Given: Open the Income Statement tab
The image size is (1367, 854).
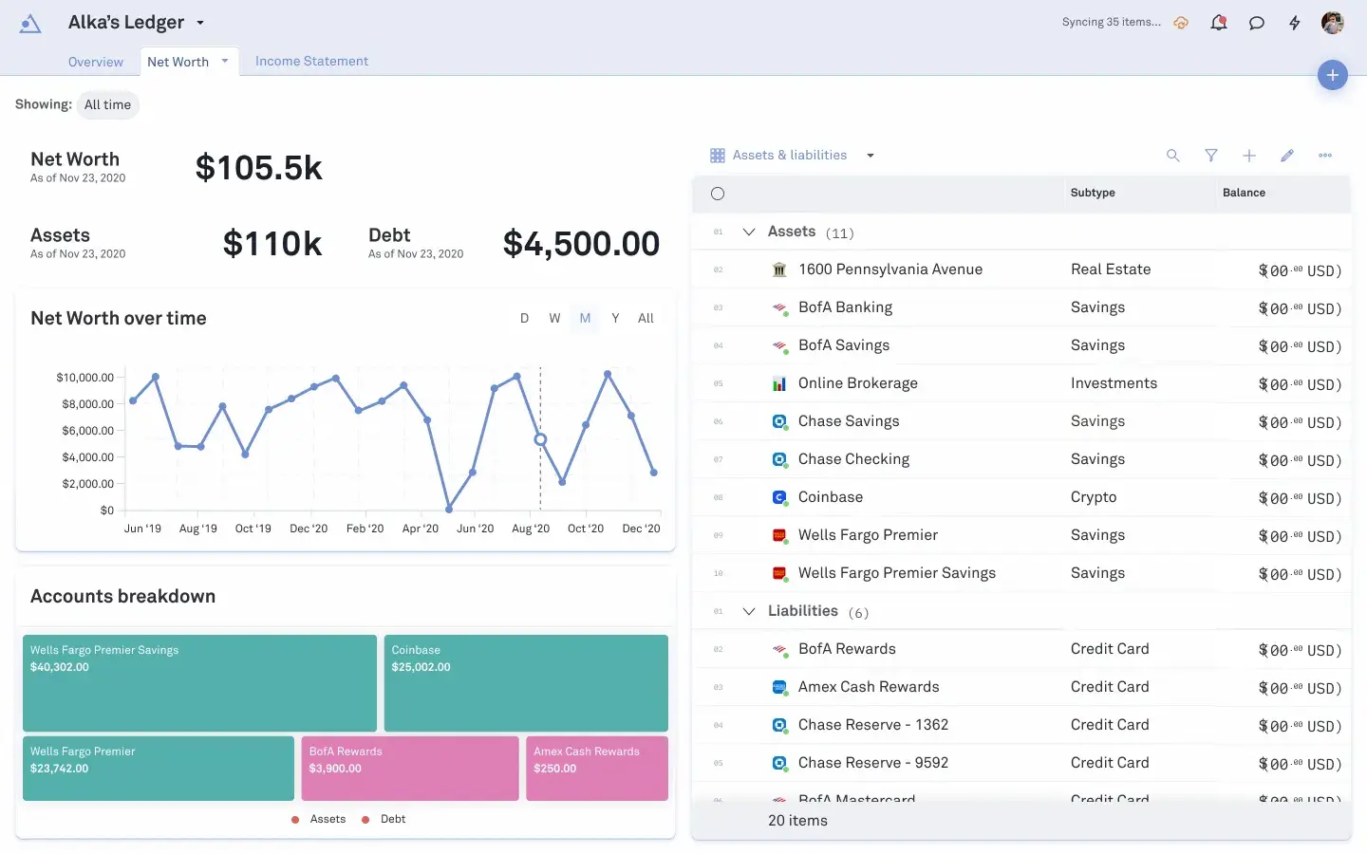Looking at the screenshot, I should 311,62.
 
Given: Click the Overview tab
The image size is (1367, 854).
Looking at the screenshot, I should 96,63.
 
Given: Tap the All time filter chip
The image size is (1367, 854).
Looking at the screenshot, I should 107,105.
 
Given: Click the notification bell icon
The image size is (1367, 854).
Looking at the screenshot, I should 1219,23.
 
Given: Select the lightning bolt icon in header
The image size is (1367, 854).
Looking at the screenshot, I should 1295,23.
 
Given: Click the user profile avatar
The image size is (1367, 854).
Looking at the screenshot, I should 1333,23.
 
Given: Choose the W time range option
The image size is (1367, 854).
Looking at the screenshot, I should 554,319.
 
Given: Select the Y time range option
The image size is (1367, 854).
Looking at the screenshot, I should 615,319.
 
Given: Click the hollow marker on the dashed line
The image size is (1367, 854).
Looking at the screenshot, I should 540,439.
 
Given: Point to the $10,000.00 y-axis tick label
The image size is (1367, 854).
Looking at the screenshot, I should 85,378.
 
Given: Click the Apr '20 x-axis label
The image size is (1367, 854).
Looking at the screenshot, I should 421,529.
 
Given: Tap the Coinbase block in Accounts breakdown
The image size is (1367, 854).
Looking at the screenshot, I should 526,682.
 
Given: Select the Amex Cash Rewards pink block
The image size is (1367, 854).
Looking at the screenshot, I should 597,768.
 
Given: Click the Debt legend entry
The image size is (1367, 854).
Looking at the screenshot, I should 392,819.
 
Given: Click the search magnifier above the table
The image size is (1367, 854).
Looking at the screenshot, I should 1173,156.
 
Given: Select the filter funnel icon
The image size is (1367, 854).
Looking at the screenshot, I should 1211,156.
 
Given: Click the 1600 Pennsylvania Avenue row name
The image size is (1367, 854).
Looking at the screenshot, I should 890,269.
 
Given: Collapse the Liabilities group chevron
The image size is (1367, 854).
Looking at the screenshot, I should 749,611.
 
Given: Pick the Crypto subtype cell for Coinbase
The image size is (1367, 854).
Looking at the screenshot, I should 1094,497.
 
